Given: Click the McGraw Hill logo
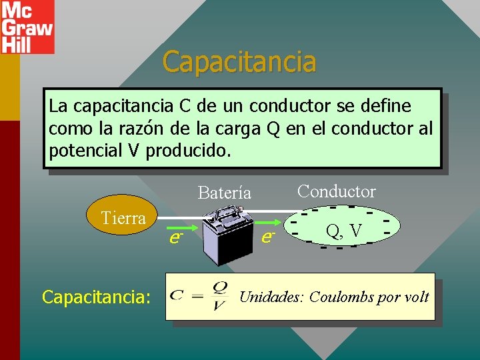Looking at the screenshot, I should tap(27, 27).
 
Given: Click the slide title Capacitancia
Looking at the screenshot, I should tap(239, 62).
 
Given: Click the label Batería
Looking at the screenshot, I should tap(225, 193).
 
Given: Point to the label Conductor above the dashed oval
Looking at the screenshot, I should tap(337, 191).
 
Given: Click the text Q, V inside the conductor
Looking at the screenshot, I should tap(344, 231).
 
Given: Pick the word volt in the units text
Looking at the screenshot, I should tap(416, 297).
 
